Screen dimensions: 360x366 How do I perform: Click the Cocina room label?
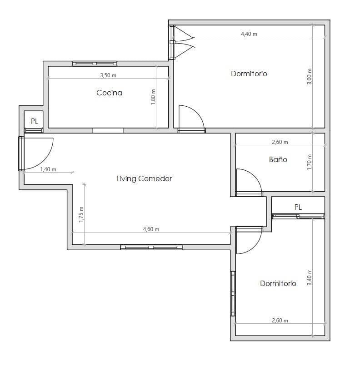[x=109, y=93]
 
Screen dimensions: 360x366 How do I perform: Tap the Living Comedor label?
[x=144, y=178]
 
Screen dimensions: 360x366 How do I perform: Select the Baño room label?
[x=278, y=159]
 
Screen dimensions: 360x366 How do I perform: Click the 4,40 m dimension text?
[x=249, y=34]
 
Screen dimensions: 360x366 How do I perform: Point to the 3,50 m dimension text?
[x=108, y=75]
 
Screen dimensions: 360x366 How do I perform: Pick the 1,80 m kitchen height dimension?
[x=153, y=97]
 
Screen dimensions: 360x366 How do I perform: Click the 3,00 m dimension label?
[x=309, y=76]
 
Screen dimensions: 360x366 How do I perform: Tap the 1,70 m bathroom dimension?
[x=309, y=162]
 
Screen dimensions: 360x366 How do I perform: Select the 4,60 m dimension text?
[x=151, y=229]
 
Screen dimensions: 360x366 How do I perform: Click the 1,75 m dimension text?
[x=81, y=214]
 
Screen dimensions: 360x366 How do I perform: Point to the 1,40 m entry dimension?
[x=48, y=169]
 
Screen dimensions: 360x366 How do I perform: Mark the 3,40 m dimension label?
[x=309, y=277]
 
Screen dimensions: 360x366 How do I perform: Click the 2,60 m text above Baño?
[x=280, y=142]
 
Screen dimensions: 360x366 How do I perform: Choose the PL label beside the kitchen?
[x=35, y=121]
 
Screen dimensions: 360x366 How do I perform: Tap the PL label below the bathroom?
[x=298, y=207]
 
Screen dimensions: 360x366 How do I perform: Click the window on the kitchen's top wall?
[x=95, y=64]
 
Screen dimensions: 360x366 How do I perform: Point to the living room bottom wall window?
[x=151, y=247]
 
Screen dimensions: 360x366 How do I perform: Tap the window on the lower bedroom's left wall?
[x=233, y=293]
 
